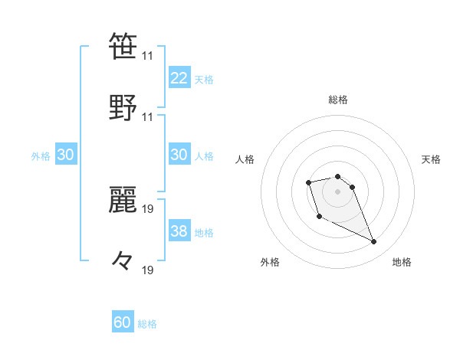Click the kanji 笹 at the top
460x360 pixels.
pos(123,46)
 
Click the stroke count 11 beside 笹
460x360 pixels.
pos(148,56)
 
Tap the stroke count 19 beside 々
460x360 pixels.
pos(148,270)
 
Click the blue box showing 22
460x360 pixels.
pos(179,78)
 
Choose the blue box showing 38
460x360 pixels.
pos(179,231)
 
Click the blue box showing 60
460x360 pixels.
pos(123,323)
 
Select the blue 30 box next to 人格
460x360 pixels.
pos(179,155)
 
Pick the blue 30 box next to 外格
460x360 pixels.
pos(66,155)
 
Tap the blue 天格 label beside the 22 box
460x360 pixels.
pos(204,80)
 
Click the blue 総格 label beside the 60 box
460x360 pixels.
pos(147,324)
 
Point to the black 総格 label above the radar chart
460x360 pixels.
pos(338,100)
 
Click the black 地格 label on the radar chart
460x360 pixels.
pos(402,262)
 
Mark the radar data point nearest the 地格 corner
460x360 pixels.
pos(374,242)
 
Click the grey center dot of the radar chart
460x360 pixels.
pos(338,191)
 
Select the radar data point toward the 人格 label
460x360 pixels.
pos(308,182)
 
